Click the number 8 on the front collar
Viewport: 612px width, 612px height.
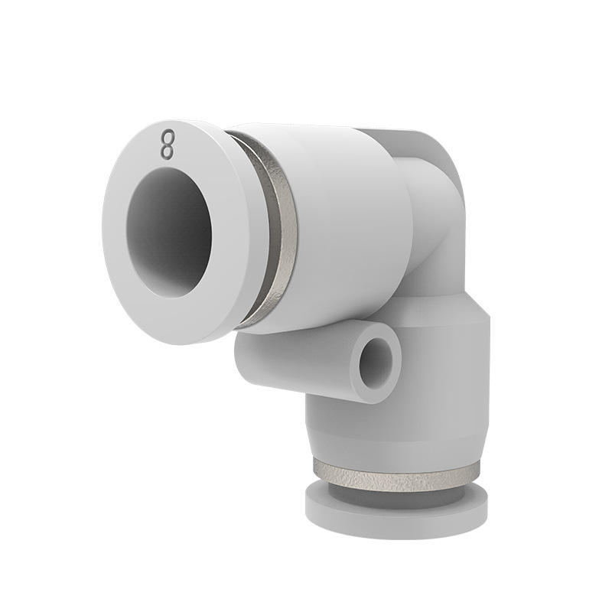[x=167, y=145]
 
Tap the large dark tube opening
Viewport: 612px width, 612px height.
[x=170, y=233]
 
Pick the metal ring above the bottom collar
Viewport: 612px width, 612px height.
[x=396, y=476]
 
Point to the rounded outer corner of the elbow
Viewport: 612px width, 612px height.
[x=449, y=156]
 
